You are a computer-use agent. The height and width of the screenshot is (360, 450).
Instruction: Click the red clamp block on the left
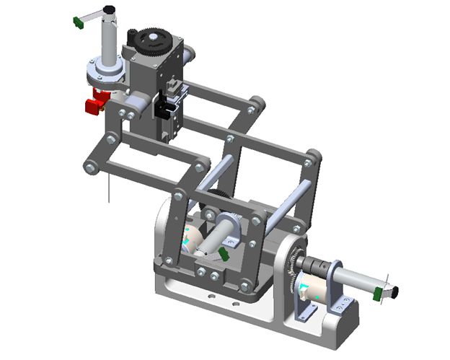click(93, 106)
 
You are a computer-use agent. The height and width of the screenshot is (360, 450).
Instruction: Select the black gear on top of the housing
click(152, 38)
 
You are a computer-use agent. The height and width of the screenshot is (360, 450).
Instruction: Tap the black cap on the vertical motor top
click(109, 10)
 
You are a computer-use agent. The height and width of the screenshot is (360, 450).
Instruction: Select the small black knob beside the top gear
click(131, 34)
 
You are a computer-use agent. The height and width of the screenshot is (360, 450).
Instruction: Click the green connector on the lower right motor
click(378, 292)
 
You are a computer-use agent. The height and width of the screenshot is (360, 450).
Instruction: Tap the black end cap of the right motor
click(392, 291)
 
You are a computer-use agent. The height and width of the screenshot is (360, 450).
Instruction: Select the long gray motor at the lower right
click(353, 281)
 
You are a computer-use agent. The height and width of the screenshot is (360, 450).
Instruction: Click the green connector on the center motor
click(224, 255)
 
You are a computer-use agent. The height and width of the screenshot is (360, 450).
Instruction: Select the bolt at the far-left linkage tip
click(89, 167)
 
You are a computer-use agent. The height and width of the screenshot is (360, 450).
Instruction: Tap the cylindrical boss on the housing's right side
click(191, 54)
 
